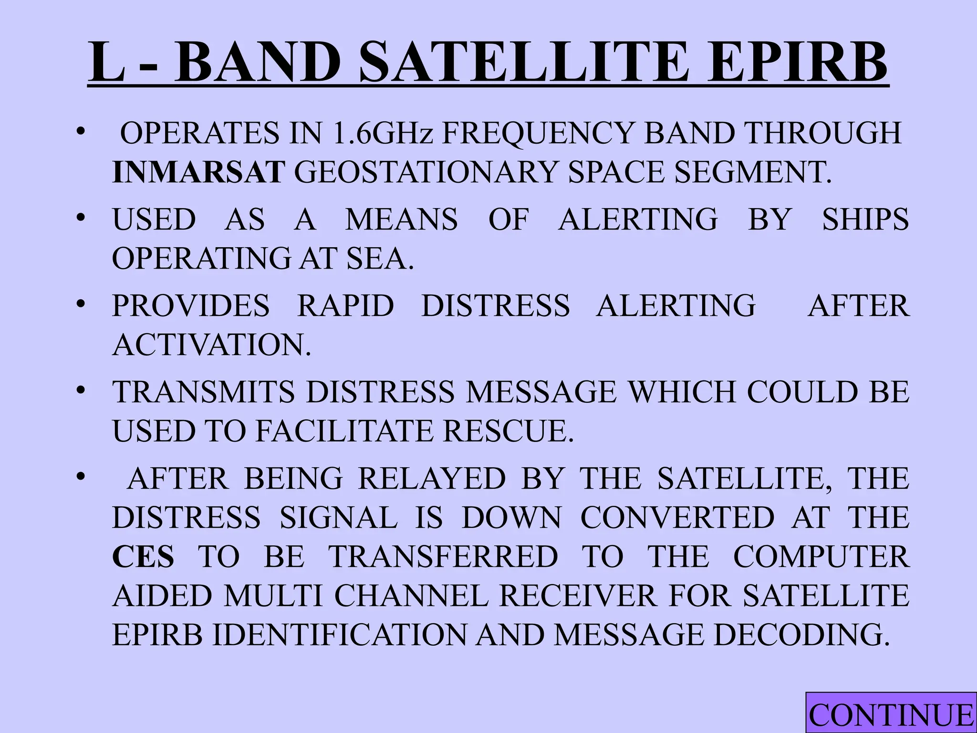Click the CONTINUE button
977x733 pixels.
891,715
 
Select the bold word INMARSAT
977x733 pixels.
198,172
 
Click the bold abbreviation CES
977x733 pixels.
143,557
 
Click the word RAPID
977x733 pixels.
346,305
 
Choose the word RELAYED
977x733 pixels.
432,479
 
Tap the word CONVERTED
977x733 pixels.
677,518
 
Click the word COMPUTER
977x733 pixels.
821,557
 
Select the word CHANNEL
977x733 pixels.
411,596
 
